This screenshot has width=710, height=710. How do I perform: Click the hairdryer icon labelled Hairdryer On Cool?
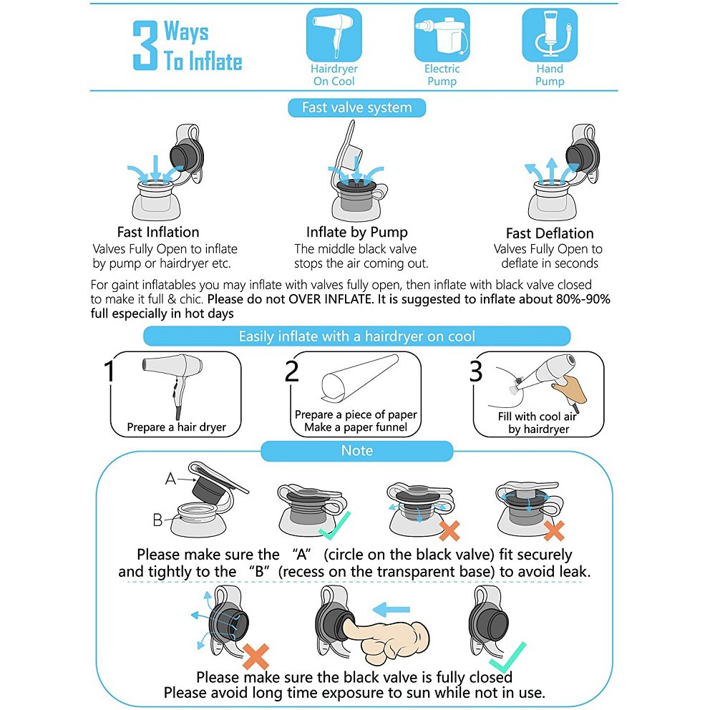334,35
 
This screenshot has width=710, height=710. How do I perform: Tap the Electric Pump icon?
442,35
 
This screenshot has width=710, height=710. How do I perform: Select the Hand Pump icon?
550,35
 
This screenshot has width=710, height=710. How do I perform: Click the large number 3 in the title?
145,45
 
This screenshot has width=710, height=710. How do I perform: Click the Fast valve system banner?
357,108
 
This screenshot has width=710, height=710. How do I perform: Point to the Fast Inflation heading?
158,232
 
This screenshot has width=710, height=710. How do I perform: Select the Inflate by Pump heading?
357,233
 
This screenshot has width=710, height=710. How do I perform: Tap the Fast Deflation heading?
550,233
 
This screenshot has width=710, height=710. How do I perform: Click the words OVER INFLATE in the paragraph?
330,299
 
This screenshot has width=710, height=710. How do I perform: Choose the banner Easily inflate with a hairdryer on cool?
357,336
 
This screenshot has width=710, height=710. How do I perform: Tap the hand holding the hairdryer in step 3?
569,388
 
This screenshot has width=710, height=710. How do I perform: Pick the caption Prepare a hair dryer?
177,427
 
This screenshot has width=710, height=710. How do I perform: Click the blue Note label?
357,451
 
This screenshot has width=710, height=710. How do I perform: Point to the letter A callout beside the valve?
170,479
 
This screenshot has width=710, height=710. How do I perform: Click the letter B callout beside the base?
157,520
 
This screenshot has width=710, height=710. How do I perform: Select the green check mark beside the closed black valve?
508,656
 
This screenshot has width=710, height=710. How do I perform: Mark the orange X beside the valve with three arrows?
256,656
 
